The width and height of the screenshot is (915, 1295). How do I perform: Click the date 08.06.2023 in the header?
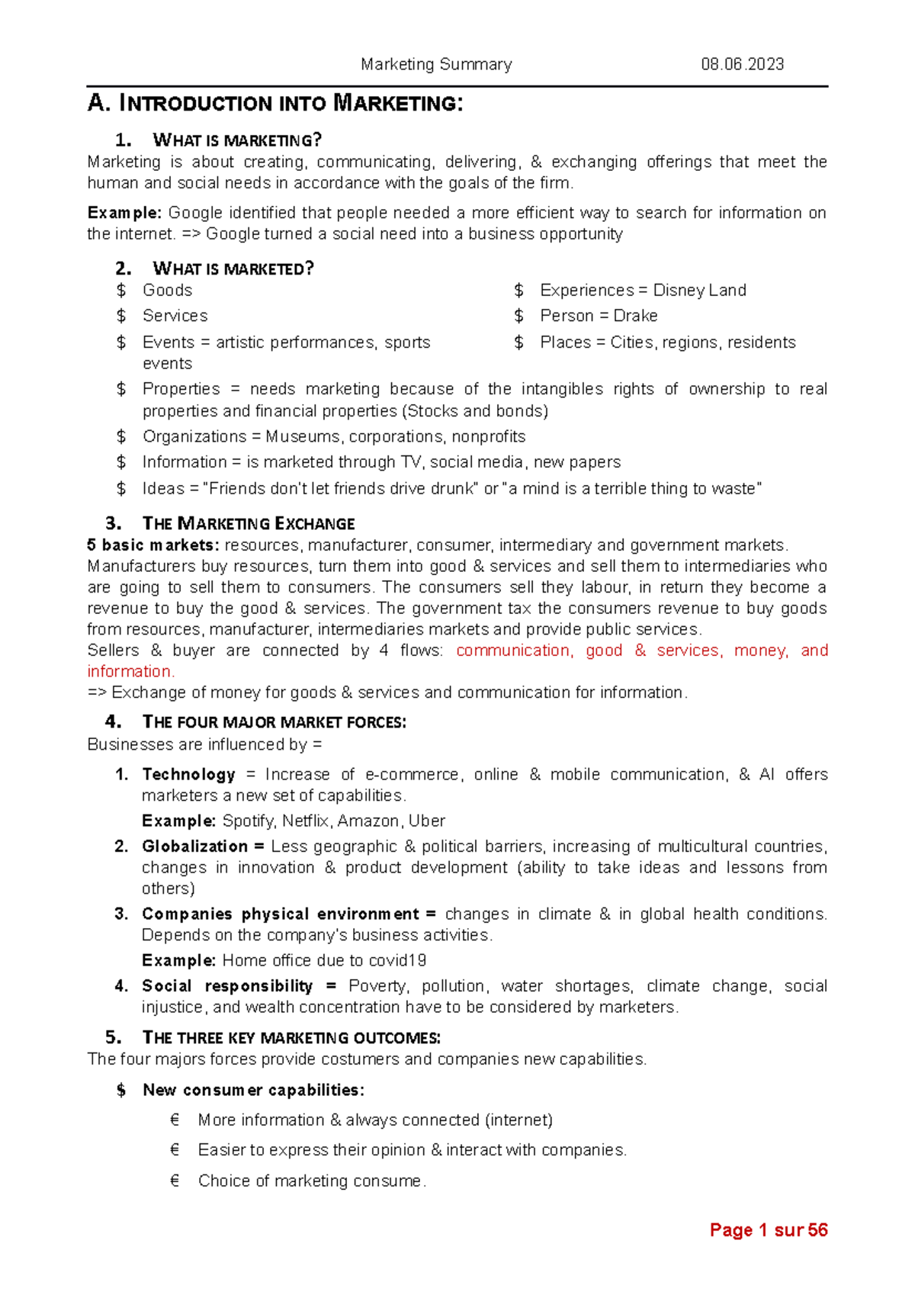click(x=742, y=64)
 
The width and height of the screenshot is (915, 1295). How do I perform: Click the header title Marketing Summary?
click(x=436, y=64)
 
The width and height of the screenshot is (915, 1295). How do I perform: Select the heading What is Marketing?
click(x=236, y=140)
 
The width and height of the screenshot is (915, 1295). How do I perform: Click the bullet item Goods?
click(x=167, y=291)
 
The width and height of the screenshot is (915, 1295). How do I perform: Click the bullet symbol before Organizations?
click(x=121, y=437)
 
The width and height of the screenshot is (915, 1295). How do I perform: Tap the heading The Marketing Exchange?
click(x=249, y=524)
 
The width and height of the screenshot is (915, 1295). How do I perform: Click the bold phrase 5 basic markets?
click(x=152, y=545)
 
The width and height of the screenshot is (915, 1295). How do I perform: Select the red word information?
click(x=130, y=672)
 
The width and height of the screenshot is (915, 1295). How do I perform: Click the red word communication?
click(x=513, y=651)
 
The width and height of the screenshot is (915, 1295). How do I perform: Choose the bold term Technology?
click(x=188, y=775)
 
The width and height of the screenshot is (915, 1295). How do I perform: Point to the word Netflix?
click(x=305, y=821)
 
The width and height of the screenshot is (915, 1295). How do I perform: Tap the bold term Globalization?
click(x=194, y=847)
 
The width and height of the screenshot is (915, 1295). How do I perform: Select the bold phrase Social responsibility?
click(x=227, y=986)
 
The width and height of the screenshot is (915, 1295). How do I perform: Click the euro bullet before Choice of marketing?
click(x=175, y=1181)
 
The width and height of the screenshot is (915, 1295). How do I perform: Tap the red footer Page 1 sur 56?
click(x=768, y=1230)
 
